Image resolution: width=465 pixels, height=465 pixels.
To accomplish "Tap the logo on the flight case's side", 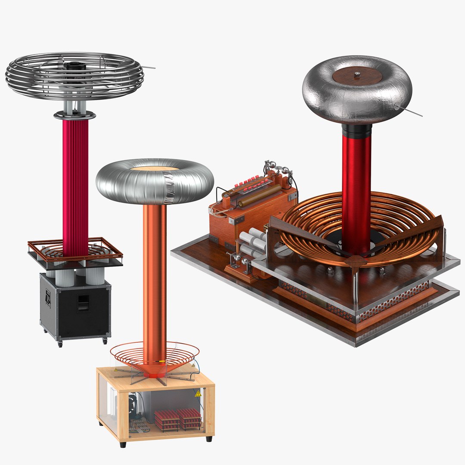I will pos(48,297).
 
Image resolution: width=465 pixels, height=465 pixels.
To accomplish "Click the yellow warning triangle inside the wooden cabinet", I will pos(198,394).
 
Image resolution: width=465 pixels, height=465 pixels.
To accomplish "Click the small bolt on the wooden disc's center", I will pos(357,74).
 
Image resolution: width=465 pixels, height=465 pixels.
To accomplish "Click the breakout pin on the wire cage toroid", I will pos(149,67).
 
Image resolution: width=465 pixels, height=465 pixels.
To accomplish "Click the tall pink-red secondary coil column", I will pos(75,185).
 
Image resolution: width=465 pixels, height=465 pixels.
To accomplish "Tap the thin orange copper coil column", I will pos(154,280).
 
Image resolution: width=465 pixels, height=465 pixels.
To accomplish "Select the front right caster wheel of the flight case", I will pos(104,341).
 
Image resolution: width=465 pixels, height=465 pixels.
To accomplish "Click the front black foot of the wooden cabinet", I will pos(123,444).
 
